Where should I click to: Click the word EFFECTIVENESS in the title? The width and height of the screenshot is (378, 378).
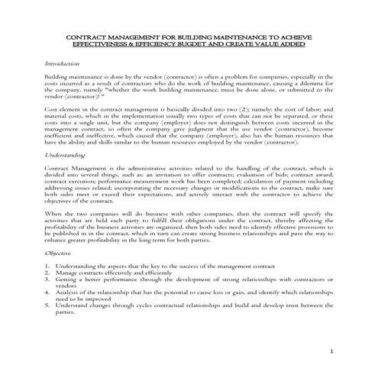coord(104,45)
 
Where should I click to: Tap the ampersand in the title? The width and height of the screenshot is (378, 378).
coord(142,45)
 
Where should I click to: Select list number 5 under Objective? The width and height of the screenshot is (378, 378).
coord(47,306)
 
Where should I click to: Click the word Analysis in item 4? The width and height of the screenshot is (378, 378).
coord(68,293)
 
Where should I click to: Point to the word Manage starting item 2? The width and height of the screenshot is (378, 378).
coord(67,273)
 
